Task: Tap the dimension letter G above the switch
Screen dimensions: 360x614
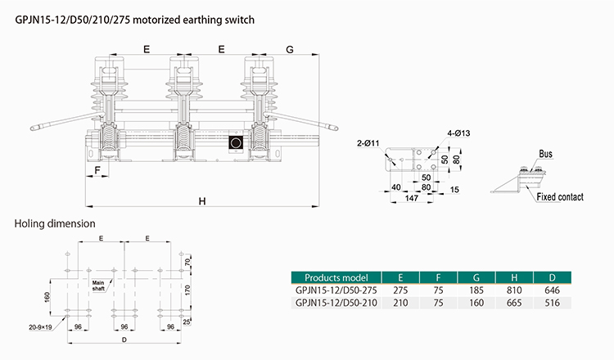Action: tap(290, 49)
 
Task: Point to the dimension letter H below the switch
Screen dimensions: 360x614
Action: tap(200, 200)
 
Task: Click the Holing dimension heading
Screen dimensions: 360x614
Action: tap(56, 223)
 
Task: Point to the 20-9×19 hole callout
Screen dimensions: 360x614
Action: tap(38, 326)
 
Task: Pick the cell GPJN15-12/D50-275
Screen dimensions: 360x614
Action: tap(336, 290)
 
